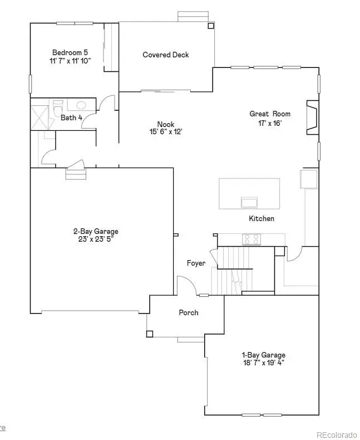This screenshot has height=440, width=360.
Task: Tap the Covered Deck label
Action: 166,55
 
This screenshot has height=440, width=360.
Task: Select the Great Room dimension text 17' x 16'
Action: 270,124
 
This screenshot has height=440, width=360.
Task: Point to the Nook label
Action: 166,124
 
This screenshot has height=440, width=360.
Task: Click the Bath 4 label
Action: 72,118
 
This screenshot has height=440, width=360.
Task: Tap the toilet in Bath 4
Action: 58,106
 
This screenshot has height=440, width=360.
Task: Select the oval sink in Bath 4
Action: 81,105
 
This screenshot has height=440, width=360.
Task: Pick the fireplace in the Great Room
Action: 312,118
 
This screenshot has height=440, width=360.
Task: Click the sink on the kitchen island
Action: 249,201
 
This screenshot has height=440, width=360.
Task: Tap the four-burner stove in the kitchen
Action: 251,239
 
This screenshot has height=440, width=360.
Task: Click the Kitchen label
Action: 262,219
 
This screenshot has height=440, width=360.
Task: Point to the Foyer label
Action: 196,263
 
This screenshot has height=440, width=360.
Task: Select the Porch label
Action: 189,312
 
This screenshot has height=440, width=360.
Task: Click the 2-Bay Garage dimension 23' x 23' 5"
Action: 96,240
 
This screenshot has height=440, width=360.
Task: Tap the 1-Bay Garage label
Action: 263,355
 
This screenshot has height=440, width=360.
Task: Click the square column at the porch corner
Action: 150,334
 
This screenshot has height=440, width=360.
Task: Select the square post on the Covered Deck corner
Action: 210,26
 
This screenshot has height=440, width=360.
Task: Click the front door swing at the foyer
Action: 186,286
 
